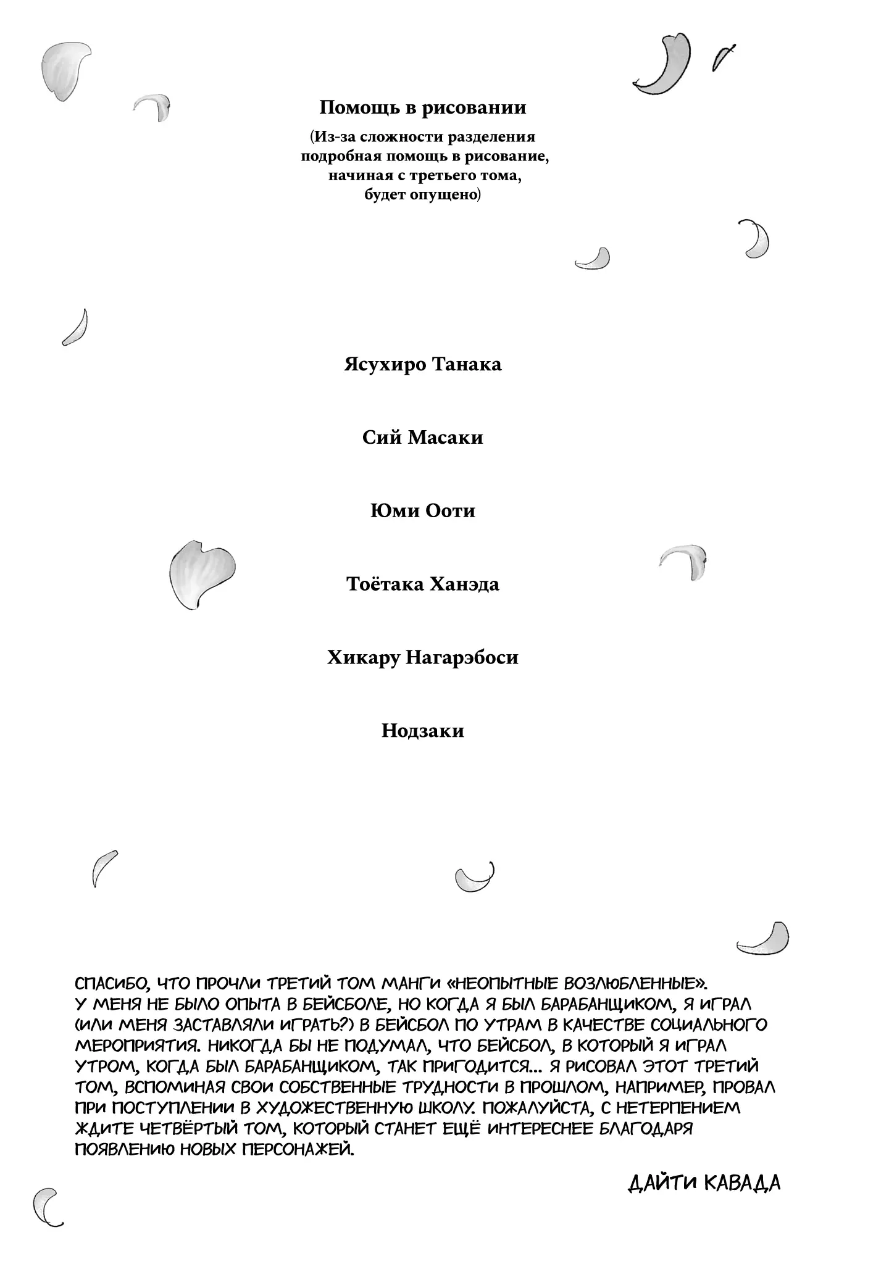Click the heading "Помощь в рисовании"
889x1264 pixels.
[x=422, y=108]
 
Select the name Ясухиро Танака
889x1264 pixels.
[x=422, y=365]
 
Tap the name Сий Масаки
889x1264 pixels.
[x=422, y=438]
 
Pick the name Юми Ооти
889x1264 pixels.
[x=422, y=512]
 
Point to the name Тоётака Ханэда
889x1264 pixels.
[x=422, y=584]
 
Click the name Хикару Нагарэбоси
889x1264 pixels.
[x=422, y=658]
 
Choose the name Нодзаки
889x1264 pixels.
[x=422, y=731]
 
